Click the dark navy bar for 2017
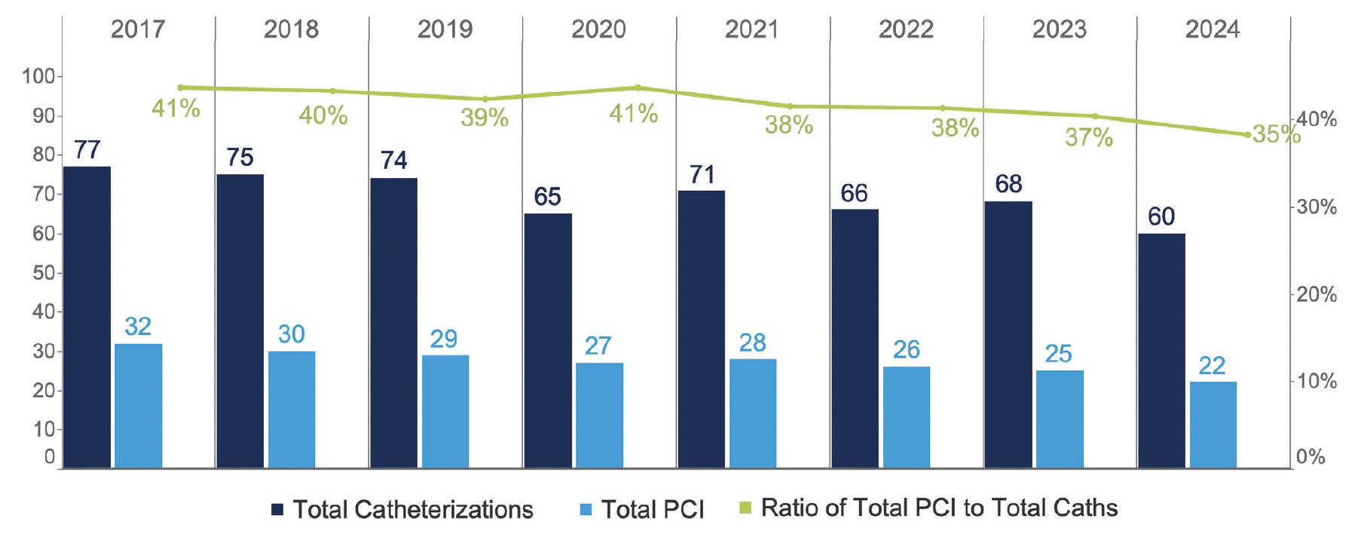point(87,317)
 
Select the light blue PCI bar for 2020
point(599,415)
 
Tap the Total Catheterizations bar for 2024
point(1161,351)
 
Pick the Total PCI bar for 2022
point(906,417)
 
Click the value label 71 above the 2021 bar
point(702,175)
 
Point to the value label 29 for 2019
point(443,339)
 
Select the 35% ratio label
point(1276,134)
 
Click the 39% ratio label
point(485,118)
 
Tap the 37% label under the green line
point(1088,137)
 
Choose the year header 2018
point(291,29)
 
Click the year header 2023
point(1059,29)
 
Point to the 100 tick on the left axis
point(38,76)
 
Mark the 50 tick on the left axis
point(43,272)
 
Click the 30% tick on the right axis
point(1316,207)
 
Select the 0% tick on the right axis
point(1310,456)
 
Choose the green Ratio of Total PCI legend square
point(745,508)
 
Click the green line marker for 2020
point(638,87)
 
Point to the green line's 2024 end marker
point(1247,135)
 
